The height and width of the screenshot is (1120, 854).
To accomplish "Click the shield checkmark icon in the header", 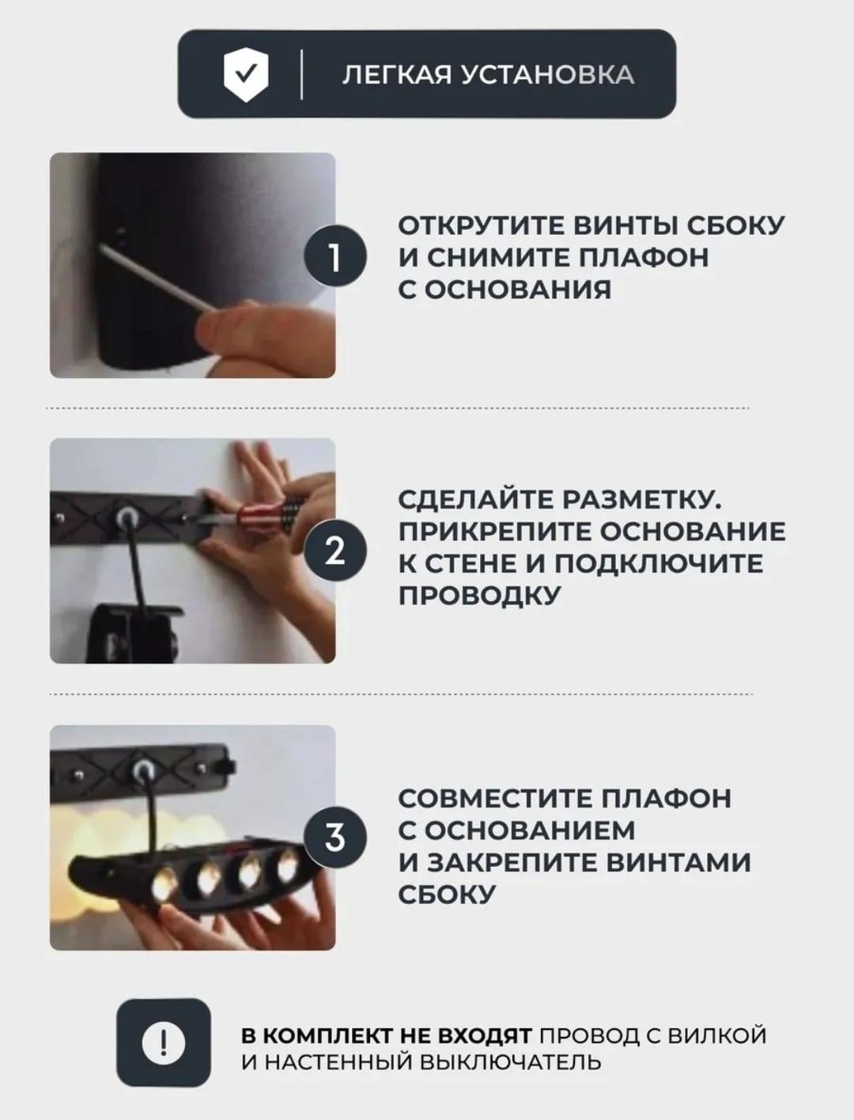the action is tap(246, 74).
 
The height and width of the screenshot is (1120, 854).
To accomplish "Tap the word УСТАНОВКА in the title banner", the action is tap(547, 75).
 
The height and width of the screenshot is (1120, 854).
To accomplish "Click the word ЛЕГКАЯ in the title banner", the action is tap(397, 75).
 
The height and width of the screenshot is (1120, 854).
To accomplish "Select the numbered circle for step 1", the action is tap(335, 255).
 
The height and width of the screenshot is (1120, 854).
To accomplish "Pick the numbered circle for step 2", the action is tap(335, 551).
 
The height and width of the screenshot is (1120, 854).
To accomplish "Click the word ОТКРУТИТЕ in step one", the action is tap(482, 225).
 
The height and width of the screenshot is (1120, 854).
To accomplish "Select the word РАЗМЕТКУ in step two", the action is tap(642, 500).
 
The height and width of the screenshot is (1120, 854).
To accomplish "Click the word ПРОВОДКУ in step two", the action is tap(479, 596).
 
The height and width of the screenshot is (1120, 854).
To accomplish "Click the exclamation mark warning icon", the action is tap(163, 1042).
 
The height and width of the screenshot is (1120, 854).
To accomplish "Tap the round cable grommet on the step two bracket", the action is tap(124, 518).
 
